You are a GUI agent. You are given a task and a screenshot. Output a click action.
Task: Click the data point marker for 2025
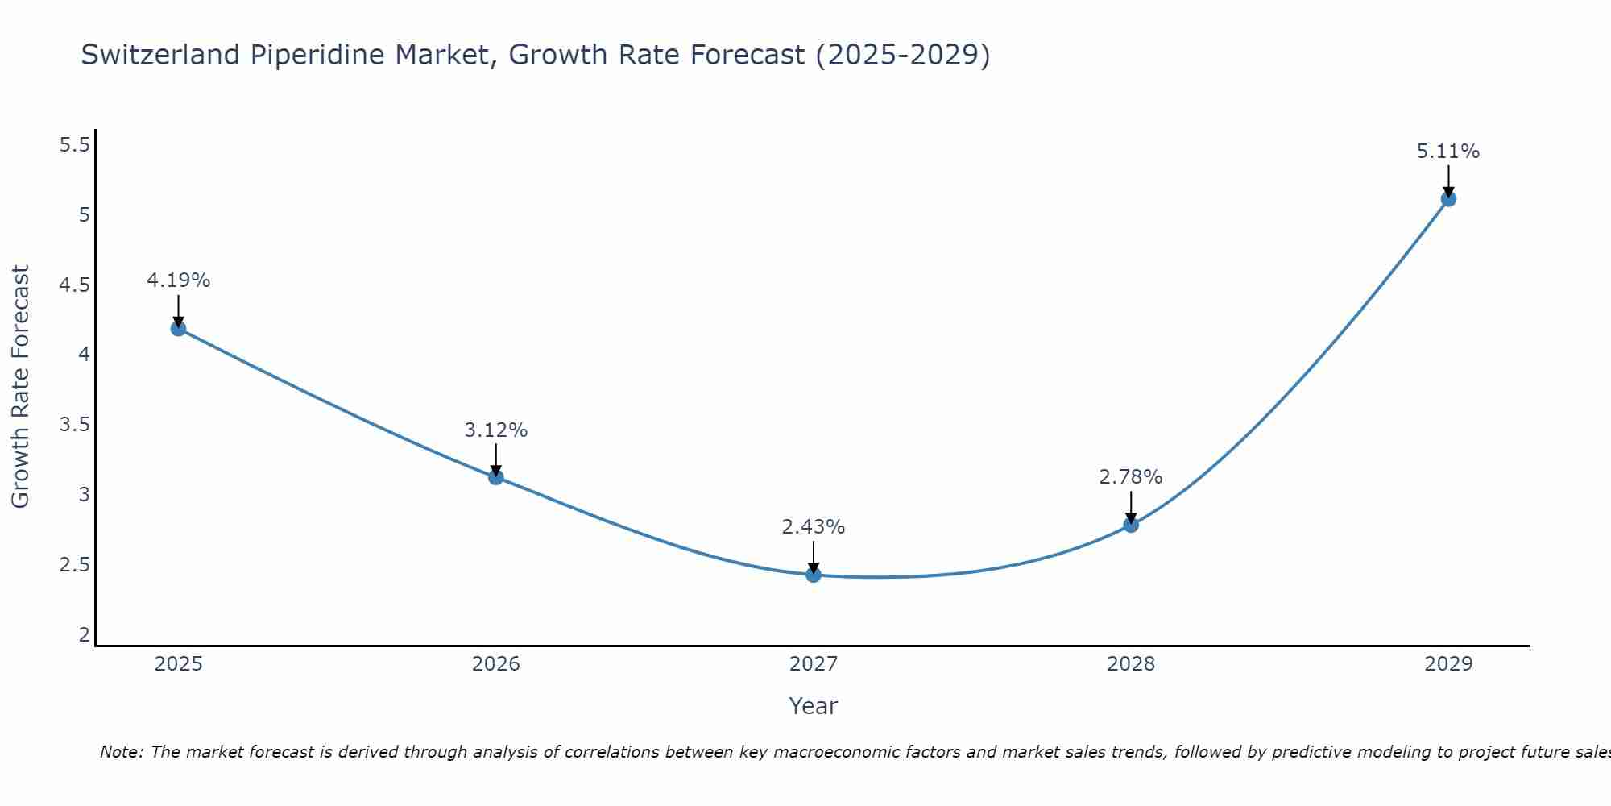coord(178,328)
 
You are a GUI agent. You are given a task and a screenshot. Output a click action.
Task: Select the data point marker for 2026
coord(495,477)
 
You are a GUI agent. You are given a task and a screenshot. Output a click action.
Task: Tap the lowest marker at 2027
coord(813,575)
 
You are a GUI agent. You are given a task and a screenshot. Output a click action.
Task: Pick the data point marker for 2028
coord(1130,525)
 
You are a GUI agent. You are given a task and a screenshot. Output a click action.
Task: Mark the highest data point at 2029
coord(1447,199)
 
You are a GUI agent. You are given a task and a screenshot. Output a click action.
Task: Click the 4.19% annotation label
coord(178,280)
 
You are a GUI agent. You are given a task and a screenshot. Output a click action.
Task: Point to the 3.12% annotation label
coord(495,430)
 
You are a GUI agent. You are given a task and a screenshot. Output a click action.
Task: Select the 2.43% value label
coord(813,527)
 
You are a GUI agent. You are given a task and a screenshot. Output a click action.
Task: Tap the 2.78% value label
coord(1130,477)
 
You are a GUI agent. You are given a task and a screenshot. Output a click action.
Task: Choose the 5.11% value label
coord(1447,152)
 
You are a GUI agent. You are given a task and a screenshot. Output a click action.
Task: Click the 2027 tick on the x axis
coord(813,664)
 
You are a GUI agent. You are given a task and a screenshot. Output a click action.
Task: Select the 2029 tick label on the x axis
coord(1447,664)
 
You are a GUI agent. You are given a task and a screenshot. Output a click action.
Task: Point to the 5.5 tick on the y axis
coord(74,145)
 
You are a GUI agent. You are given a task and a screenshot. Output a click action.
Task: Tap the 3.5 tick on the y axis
coord(74,425)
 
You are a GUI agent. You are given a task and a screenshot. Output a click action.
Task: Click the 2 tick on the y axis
coord(84,634)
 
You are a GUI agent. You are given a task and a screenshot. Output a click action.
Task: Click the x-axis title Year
coord(813,706)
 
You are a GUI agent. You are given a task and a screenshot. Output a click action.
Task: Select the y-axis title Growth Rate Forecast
coord(20,387)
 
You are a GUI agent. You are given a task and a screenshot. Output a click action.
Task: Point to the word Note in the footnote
coord(120,752)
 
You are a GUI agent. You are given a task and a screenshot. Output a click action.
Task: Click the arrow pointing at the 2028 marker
coord(1130,508)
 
